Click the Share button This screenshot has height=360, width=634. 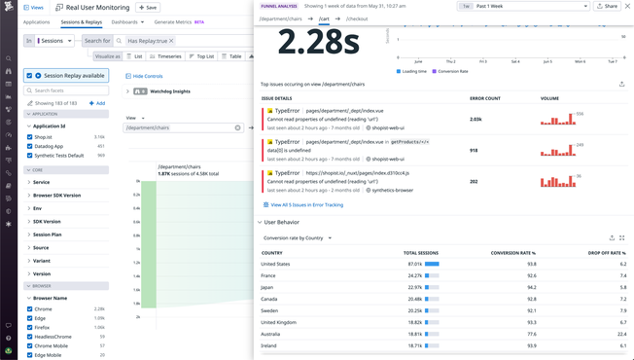(x=608, y=6)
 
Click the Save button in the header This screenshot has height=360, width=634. (x=148, y=8)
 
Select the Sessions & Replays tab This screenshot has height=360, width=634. (x=81, y=21)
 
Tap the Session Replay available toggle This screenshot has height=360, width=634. (x=39, y=75)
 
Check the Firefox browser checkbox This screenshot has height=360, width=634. (x=30, y=327)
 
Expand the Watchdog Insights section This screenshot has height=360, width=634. (x=127, y=91)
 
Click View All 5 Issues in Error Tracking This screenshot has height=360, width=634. (x=305, y=205)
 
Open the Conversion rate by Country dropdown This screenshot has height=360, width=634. (x=298, y=237)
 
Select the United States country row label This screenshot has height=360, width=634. (x=276, y=264)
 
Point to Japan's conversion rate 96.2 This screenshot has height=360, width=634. (x=531, y=287)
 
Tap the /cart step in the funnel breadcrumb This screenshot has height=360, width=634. (x=324, y=18)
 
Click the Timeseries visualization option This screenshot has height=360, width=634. (x=166, y=56)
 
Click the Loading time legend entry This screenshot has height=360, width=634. (x=413, y=71)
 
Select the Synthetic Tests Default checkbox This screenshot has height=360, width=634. (x=30, y=155)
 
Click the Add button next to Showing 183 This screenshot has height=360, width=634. (x=97, y=103)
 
